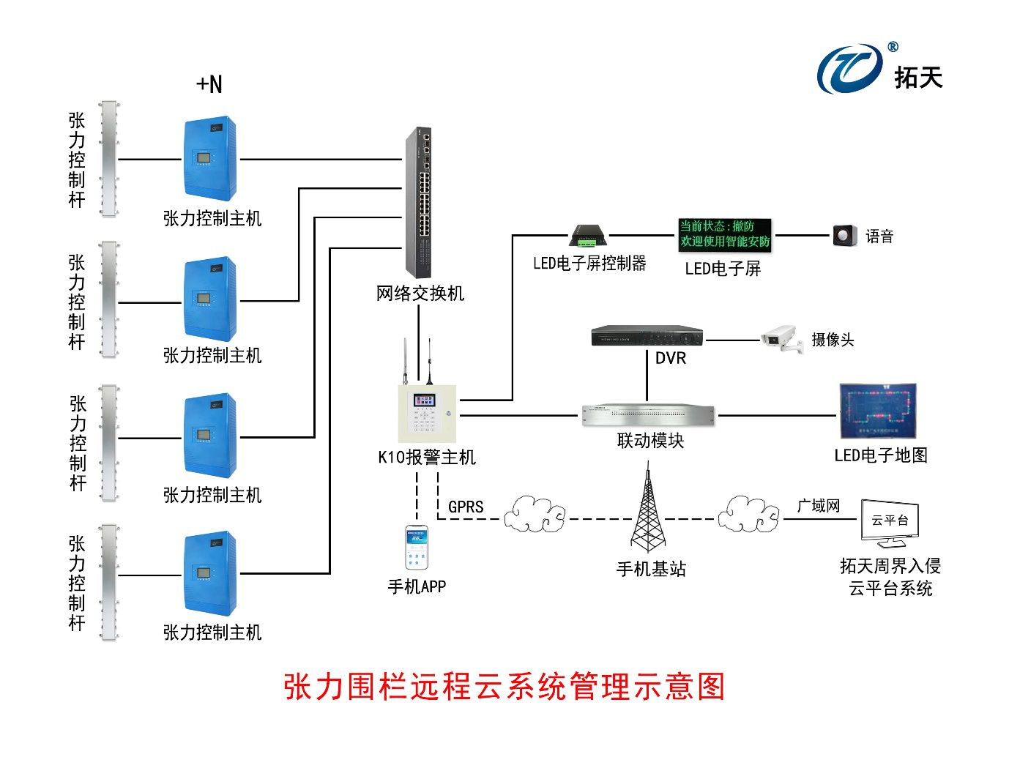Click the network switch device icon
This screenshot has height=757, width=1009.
tap(420, 201)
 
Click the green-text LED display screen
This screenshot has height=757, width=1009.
tap(725, 234)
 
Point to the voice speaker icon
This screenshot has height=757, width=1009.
tap(844, 236)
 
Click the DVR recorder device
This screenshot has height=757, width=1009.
tap(647, 336)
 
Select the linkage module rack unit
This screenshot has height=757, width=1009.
tap(648, 415)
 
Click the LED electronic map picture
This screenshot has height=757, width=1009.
tap(878, 411)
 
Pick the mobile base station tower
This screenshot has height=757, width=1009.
tap(648, 512)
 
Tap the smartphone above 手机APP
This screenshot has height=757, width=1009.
tap(417, 548)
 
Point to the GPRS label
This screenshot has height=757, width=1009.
tap(466, 507)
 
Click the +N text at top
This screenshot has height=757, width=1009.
tap(209, 84)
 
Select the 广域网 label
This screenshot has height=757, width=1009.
tap(819, 506)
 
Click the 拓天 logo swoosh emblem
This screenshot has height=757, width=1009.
tap(850, 69)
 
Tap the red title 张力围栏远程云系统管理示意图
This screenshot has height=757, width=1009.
tap(504, 687)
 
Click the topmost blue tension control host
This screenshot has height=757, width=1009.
tap(209, 158)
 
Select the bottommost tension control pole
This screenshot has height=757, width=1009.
tap(109, 582)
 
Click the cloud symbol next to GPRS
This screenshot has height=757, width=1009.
tap(535, 514)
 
